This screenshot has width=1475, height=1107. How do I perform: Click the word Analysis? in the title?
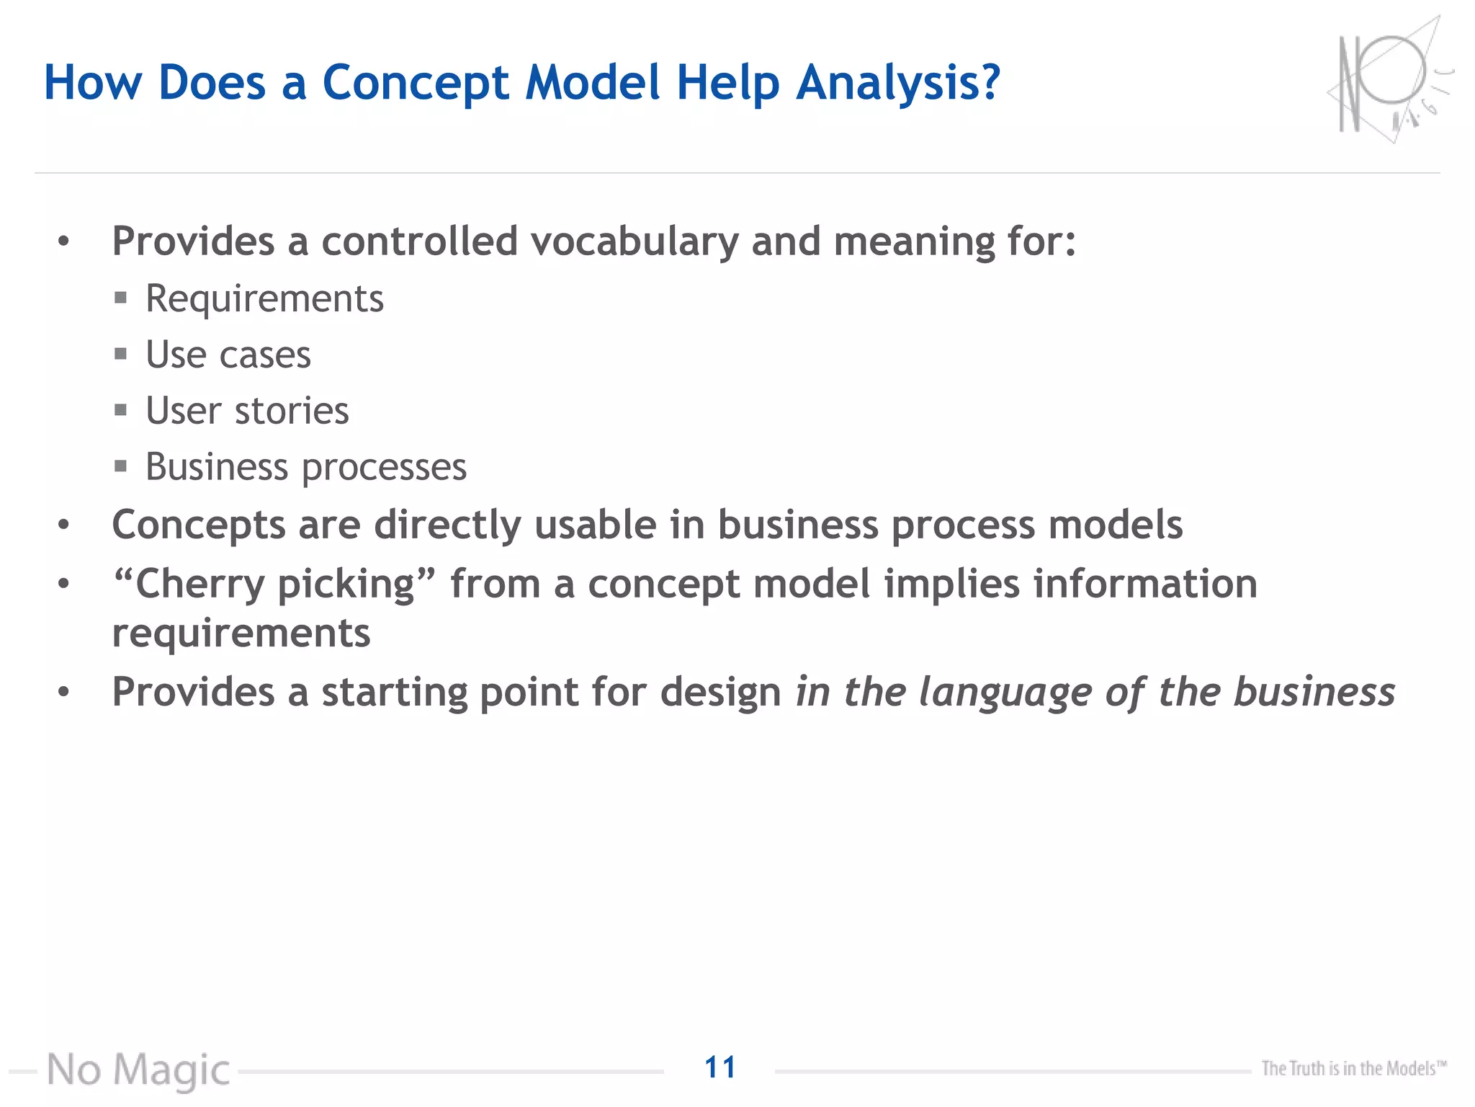(x=898, y=84)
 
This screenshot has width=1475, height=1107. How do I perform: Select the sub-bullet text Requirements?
(x=264, y=299)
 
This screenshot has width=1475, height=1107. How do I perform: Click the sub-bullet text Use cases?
(x=228, y=355)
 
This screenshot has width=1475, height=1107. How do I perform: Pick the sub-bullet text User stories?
(x=247, y=412)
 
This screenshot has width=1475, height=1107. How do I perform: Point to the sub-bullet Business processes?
(x=306, y=468)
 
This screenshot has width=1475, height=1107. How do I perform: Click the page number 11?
(x=719, y=1067)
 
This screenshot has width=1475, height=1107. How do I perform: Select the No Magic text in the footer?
(x=138, y=1070)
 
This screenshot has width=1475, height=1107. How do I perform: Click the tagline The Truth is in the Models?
(x=1353, y=1068)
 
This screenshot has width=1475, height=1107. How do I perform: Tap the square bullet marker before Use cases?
(x=120, y=354)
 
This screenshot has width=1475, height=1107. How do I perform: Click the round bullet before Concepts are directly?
(x=64, y=525)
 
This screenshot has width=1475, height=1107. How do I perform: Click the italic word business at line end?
(x=1314, y=693)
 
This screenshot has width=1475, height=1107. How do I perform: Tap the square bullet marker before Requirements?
(x=120, y=298)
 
